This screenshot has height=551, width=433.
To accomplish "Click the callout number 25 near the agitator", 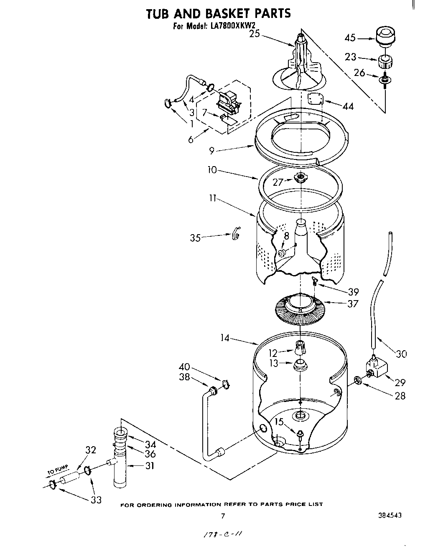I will click(255, 34).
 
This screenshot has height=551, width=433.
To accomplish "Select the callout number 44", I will click(348, 106).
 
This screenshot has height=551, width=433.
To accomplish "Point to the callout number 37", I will click(352, 303).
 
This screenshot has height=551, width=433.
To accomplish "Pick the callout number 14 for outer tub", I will click(225, 338).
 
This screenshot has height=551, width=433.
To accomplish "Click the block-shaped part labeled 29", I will click(376, 368).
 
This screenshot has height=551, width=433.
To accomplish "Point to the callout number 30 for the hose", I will click(401, 354).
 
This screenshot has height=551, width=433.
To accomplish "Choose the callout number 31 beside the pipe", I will click(149, 465).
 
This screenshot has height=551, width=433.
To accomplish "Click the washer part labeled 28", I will click(358, 380).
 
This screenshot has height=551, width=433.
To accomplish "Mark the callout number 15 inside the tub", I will click(279, 422).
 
